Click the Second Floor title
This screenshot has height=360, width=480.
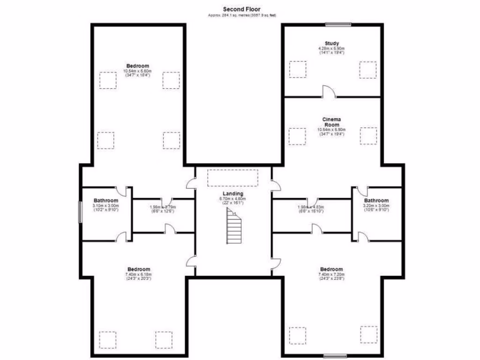click(x=241, y=9)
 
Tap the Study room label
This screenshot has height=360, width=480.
click(x=331, y=44)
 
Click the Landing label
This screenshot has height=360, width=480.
click(x=233, y=194)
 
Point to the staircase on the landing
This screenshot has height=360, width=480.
click(x=234, y=227)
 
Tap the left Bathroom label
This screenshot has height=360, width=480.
click(x=105, y=201)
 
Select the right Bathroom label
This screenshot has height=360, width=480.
click(x=377, y=201)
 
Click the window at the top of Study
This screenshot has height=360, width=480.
click(x=338, y=24)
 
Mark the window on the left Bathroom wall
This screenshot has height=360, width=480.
click(x=80, y=213)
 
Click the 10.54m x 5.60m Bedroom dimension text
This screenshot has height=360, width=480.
click(x=137, y=71)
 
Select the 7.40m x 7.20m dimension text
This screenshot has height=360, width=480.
click(x=331, y=274)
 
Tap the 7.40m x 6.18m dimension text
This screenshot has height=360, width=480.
click(x=138, y=274)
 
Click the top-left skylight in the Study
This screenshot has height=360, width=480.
click(x=297, y=69)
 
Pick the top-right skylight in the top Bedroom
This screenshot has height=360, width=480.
click(x=171, y=80)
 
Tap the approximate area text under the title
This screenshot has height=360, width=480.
click(x=242, y=15)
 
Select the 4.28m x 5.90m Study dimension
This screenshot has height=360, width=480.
click(x=331, y=49)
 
